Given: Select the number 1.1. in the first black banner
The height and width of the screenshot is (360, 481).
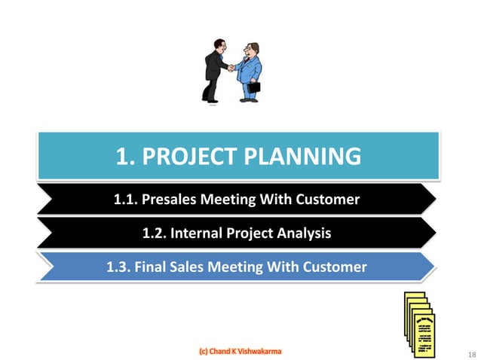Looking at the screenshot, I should coord(127,200).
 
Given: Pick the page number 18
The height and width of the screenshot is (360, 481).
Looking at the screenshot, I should coord(472,355).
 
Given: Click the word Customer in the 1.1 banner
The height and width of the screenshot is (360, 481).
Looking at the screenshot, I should coord(328,200).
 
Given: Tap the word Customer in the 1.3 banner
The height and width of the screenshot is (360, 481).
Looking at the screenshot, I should coord(335,267).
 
